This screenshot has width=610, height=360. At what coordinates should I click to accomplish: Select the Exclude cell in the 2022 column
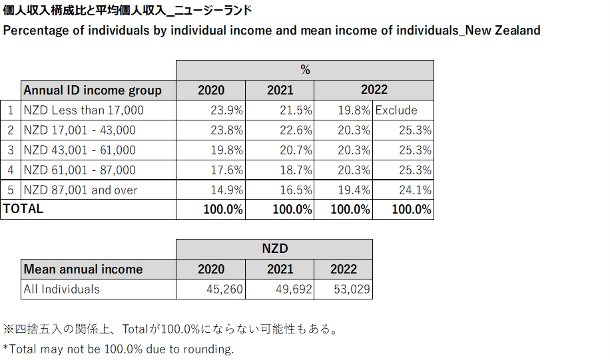396,110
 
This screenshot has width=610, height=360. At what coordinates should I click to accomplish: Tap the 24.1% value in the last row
414,190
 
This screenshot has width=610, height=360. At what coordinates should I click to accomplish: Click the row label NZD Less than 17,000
84,110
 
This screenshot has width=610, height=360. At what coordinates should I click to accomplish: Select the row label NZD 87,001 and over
81,190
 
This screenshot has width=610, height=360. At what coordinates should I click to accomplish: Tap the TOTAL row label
23,209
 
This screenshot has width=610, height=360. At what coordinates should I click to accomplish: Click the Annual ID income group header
93,90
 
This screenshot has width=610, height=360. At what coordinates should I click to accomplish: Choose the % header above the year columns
305,70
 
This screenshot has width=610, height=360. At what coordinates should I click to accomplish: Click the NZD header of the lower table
274,249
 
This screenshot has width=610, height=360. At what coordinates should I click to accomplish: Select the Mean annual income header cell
83,270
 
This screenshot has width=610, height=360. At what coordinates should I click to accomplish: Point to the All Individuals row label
62,289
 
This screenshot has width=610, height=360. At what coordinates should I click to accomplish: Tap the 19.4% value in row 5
353,190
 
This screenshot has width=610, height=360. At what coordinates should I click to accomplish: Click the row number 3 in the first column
10,150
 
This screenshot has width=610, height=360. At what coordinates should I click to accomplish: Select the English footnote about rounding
119,349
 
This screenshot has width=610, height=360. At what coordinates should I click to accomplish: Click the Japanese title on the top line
127,11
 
